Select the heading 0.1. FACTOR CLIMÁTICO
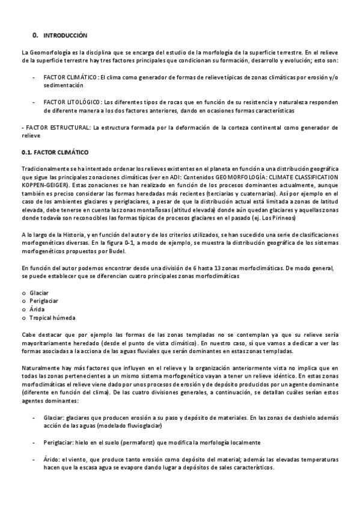(x=55, y=152)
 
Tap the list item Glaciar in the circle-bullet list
(x=39, y=292)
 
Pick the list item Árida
(x=37, y=309)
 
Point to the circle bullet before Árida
(x=23, y=309)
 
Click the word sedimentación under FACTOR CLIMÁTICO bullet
(x=63, y=86)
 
